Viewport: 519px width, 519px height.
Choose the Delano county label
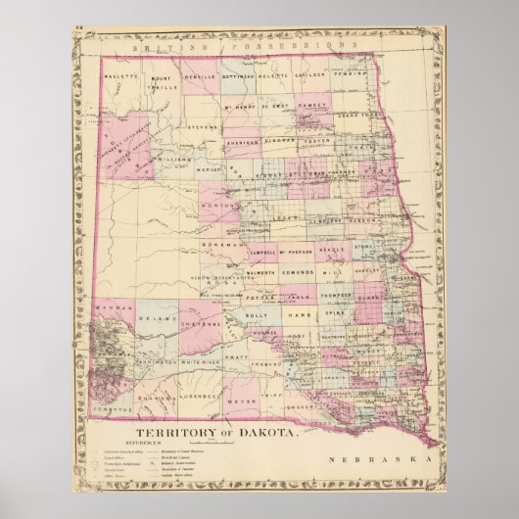tap(150, 318)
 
